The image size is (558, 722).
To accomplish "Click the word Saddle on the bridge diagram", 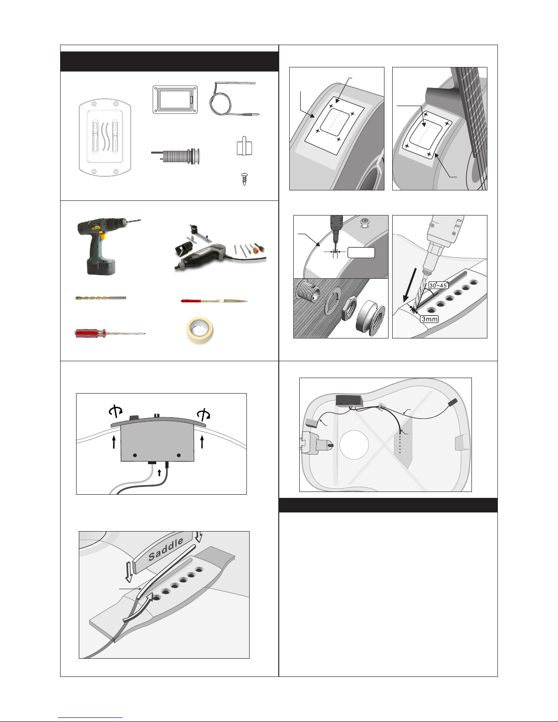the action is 166,549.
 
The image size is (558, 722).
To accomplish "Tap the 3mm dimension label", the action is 430,319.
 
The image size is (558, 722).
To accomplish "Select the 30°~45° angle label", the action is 438,285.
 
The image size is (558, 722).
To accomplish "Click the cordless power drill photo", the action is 106,246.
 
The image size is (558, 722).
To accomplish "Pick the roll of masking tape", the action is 200,330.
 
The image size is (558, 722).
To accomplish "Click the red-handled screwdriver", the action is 110,333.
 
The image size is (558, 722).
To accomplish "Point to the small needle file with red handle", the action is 214,301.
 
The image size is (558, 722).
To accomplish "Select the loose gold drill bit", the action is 101,298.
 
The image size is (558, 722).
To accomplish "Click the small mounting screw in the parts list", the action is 245,179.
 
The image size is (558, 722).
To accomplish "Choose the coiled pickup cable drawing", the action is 234,99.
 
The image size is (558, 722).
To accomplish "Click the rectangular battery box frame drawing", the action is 175,100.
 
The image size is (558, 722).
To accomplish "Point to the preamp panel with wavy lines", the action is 105,137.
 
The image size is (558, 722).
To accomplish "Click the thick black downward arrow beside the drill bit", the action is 410,285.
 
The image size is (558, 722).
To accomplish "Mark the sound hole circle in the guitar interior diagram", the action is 354,445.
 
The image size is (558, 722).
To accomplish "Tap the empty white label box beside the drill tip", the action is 361,252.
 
